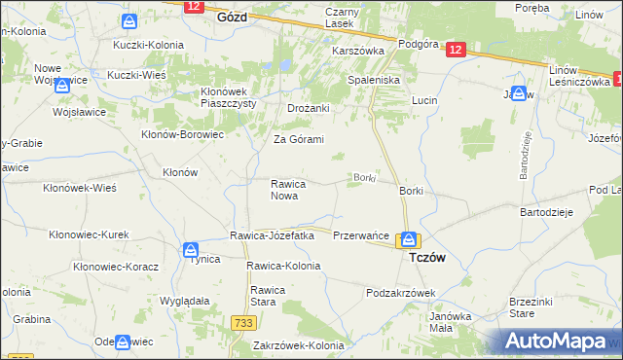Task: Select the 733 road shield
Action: pos(243,322)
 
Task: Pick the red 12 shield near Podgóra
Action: pos(458,52)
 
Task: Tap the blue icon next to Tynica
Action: pos(192,250)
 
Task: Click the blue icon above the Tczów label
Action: pos(410,239)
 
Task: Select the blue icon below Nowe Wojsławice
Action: pos(63,86)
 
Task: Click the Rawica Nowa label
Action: pos(290,189)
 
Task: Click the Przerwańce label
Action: pos(361,235)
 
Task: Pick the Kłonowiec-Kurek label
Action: pos(89,234)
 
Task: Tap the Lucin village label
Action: pos(423,100)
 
